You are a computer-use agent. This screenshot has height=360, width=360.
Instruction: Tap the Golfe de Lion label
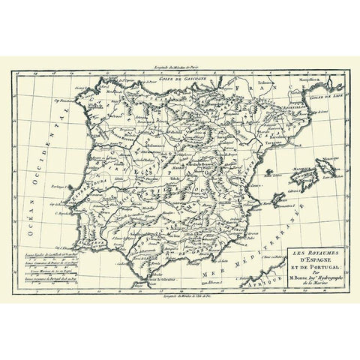pos(325,95)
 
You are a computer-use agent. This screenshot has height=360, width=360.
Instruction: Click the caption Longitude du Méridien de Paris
pos(180,67)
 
